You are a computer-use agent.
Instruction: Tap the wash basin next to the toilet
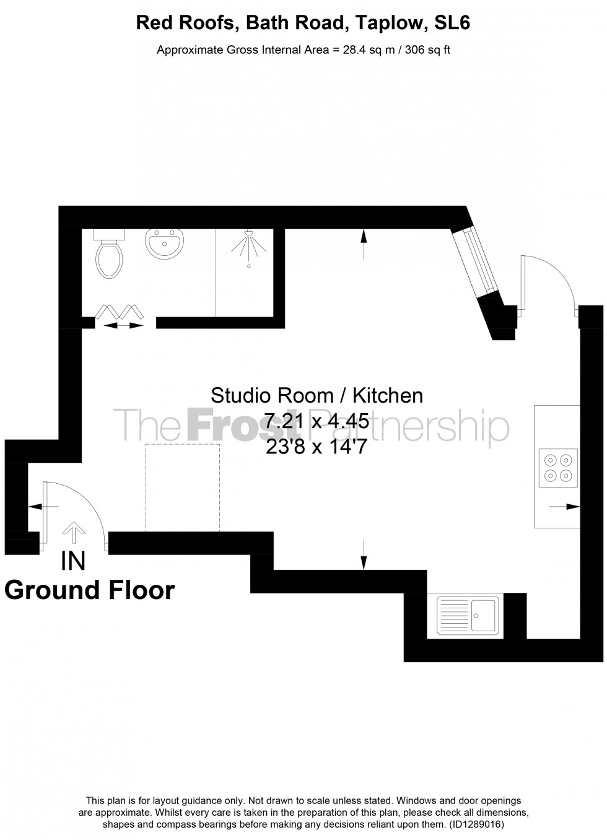point(165,242)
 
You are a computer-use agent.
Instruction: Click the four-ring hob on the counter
point(557,468)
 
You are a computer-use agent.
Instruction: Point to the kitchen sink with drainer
point(468,616)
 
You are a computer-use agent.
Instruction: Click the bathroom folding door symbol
point(120,314)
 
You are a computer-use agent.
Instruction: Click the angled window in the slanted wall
point(476,260)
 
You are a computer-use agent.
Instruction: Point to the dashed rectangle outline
point(183,488)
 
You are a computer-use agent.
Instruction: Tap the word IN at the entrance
point(73,561)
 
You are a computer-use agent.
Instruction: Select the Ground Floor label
point(90,590)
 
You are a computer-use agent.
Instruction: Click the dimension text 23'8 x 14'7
point(317,446)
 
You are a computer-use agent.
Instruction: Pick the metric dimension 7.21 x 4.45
point(317,421)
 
